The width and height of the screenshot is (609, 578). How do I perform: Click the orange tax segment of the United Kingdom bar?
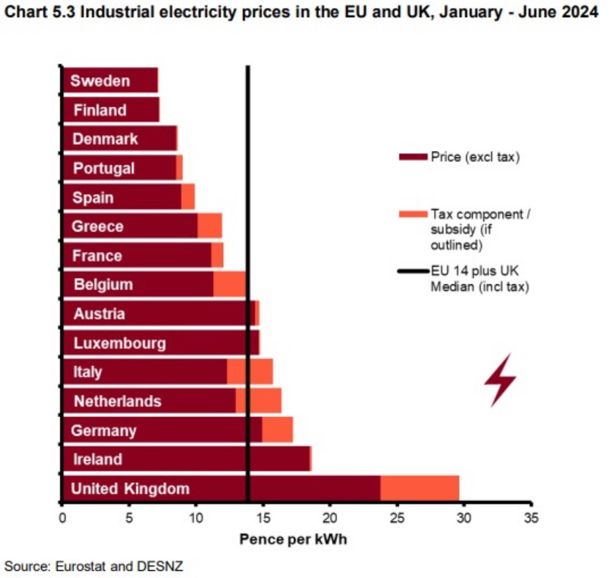(420, 488)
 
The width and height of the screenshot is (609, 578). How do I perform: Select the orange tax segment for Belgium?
(229, 285)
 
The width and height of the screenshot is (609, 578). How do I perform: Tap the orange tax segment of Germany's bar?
(277, 430)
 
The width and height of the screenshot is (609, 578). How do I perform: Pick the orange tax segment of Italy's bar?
(250, 372)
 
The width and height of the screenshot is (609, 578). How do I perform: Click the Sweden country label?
(100, 81)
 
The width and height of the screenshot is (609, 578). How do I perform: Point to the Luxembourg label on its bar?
(120, 343)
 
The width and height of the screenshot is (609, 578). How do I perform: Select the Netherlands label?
(118, 401)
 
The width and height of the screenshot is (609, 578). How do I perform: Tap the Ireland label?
(98, 459)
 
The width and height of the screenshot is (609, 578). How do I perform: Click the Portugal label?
(104, 168)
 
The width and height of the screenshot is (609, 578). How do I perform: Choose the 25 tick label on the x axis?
(397, 518)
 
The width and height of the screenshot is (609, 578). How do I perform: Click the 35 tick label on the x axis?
(531, 518)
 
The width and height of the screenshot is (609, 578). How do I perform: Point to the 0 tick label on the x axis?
(62, 518)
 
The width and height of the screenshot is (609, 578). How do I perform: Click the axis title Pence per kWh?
(293, 539)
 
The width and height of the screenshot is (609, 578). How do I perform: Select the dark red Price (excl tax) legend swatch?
(413, 157)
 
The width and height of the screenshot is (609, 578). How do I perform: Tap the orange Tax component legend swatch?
(413, 214)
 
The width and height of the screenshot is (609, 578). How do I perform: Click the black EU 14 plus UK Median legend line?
(413, 271)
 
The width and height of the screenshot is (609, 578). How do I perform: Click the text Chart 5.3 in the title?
(39, 11)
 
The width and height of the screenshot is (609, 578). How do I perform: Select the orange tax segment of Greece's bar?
(210, 227)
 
